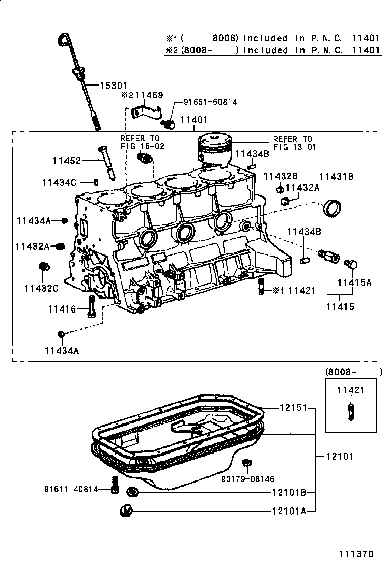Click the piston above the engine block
215,149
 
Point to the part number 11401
193,121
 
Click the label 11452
66,161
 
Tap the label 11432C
41,288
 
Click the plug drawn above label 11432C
44,266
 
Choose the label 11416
62,309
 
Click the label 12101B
288,493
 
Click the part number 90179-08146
247,478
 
